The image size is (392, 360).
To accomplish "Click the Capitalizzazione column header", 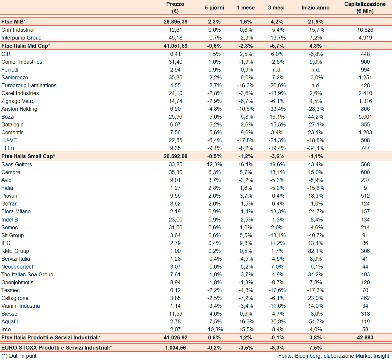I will click(x=365, y=8).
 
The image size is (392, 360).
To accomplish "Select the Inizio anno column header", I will click(x=315, y=8).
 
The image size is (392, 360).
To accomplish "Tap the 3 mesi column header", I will click(x=276, y=8).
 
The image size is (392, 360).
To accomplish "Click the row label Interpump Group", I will click(x=21, y=38).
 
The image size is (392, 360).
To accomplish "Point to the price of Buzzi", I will click(x=175, y=117).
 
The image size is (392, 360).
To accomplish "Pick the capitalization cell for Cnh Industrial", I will click(x=365, y=30).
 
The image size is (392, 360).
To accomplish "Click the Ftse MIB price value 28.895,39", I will click(x=175, y=22).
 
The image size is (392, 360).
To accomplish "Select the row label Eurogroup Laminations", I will click(x=29, y=85).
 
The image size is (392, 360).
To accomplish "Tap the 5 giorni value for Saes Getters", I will click(x=215, y=164).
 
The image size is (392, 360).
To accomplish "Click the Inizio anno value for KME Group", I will click(x=316, y=251).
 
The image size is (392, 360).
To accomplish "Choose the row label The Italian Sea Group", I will click(x=27, y=274).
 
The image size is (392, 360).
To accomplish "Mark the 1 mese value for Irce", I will click(x=246, y=329).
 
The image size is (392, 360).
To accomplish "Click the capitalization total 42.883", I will click(x=365, y=337).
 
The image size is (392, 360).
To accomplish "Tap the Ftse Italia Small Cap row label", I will click(x=28, y=156).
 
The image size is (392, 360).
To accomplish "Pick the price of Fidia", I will click(x=175, y=188).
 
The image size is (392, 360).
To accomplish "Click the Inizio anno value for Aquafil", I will click(x=316, y=321).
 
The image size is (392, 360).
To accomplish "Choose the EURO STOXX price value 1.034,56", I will click(x=175, y=348).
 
